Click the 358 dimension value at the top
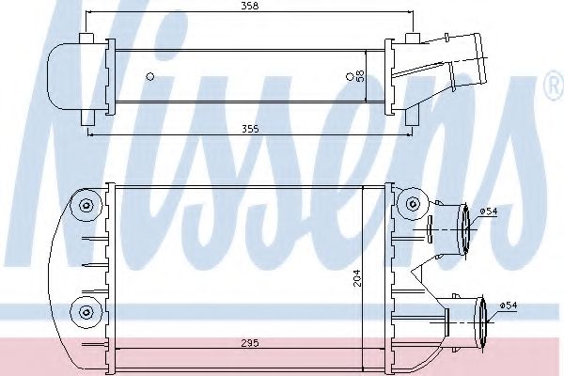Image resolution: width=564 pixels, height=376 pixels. [249, 7]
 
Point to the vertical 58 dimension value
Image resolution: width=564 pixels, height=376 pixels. [360, 75]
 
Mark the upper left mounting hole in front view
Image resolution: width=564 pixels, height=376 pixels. [86, 207]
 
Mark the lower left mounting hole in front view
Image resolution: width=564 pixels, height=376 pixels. [86, 311]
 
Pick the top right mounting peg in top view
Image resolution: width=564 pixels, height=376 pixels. [411, 39]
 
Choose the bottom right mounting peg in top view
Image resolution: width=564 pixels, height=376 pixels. [411, 117]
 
